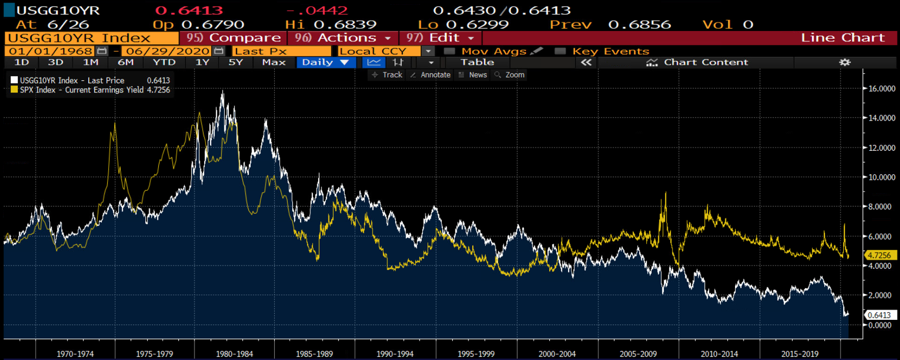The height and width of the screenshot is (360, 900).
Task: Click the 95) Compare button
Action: tap(233, 38)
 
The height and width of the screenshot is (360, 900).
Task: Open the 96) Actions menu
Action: tap(343, 38)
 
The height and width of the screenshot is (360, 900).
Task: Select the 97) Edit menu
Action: tap(440, 38)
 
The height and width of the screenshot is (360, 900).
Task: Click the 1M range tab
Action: tap(90, 62)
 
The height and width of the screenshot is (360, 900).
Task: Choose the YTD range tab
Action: tap(164, 62)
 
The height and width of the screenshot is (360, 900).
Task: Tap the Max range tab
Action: tap(274, 62)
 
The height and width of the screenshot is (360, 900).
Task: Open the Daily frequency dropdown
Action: tap(325, 62)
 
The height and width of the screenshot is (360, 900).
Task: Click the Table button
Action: tap(477, 62)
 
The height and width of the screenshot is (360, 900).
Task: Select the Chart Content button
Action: tap(697, 62)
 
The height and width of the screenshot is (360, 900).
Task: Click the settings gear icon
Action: tap(845, 62)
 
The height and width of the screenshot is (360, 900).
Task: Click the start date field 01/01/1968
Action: tap(50, 51)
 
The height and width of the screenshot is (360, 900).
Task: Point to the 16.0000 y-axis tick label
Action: tap(882, 89)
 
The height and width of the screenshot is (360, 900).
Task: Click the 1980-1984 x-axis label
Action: tap(234, 354)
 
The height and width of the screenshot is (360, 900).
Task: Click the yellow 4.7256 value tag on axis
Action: tap(879, 255)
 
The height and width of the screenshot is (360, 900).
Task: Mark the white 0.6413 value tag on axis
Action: tap(879, 315)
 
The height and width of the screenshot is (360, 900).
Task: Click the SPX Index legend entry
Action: tap(81, 90)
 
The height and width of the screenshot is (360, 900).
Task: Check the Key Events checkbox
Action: tap(560, 51)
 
